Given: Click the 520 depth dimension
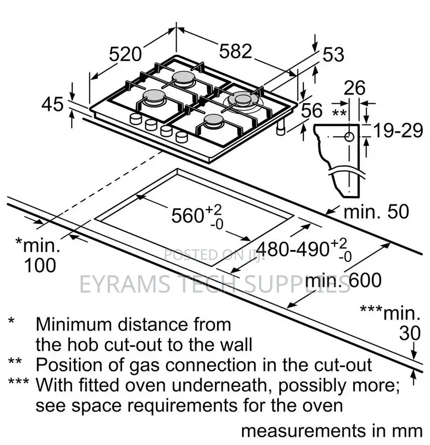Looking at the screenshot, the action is click(125, 54).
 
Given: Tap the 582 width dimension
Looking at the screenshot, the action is click(236, 51).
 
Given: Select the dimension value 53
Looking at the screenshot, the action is click(333, 54).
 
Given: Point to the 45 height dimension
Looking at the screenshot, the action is click(52, 104).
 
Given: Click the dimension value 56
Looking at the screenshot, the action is click(312, 110).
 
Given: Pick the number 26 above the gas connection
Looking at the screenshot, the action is click(354, 88).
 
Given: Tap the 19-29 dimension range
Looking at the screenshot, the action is click(398, 131).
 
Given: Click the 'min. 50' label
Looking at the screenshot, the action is click(377, 212).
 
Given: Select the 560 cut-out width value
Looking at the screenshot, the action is click(187, 216).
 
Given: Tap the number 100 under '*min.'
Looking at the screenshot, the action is click(40, 266).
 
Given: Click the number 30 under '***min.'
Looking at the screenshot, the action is click(410, 333).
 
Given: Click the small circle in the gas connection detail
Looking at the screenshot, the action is click(349, 137).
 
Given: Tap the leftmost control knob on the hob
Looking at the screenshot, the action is click(135, 119).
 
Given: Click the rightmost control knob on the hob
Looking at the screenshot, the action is click(182, 137).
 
